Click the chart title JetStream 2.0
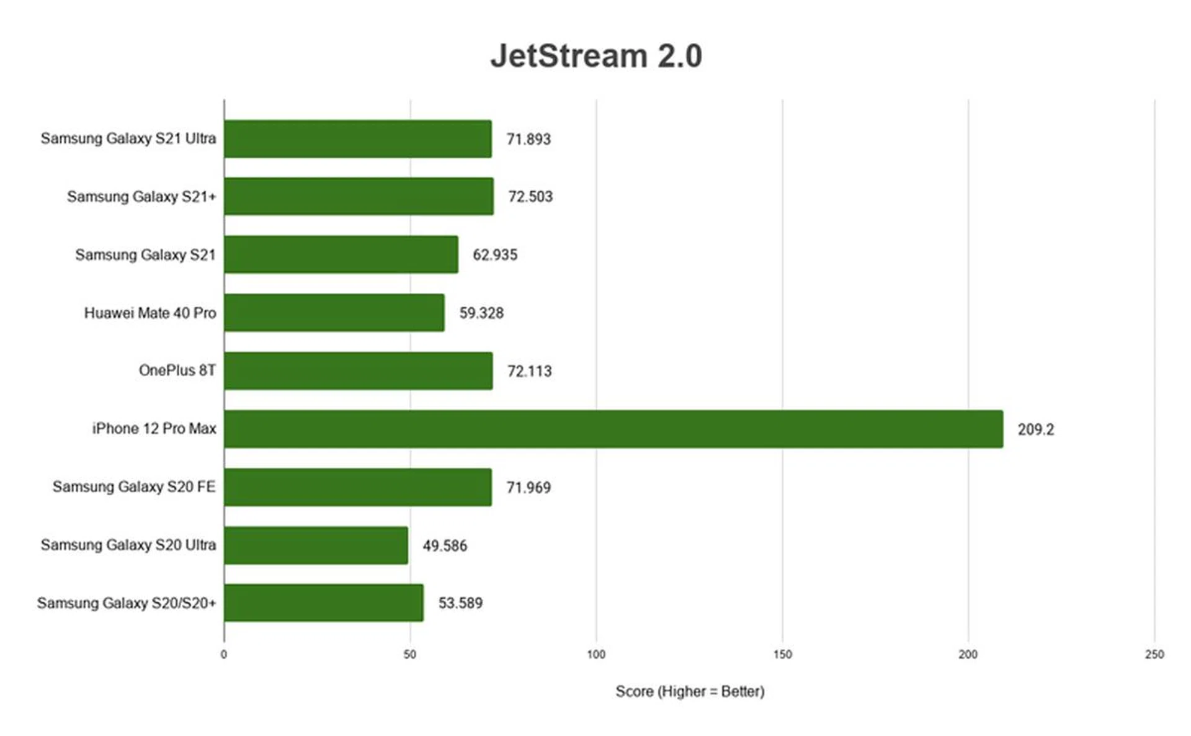point(596,56)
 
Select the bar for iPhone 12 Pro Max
point(613,429)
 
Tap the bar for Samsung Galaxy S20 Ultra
point(316,545)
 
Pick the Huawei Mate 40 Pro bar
point(334,313)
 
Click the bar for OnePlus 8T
point(358,371)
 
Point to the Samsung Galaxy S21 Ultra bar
point(357,139)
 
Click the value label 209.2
point(1035,429)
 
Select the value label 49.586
point(445,546)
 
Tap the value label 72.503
point(530,197)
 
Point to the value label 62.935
point(495,255)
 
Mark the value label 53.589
point(460,603)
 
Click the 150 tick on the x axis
point(782,655)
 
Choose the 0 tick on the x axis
point(224,655)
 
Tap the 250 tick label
point(1154,655)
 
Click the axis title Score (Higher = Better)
point(690,692)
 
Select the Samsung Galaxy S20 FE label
point(134,487)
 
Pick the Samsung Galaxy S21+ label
point(141,197)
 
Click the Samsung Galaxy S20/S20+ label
point(127,603)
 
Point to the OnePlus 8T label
point(177,370)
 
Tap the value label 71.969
point(529,488)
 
